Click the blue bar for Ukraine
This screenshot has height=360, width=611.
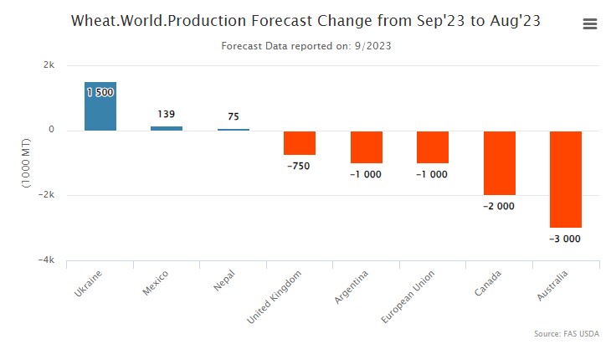pos(100,109)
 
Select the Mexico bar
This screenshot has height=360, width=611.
pos(167,128)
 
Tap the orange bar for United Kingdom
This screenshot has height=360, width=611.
pos(299,143)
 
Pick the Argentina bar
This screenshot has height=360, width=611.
pos(366,147)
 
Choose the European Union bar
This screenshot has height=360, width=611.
pos(433,147)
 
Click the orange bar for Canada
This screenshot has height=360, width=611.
pos(499,163)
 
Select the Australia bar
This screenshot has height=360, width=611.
pos(566,179)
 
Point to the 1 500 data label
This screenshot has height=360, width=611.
pos(100,92)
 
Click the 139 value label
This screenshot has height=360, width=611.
pos(167,114)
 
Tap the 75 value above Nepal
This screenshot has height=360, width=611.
pos(233,117)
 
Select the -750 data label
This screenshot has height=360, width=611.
pos(299,167)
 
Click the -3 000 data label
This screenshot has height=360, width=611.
pos(565,239)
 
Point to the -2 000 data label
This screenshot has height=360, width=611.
pos(499,206)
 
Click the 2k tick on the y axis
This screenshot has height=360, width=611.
pos(49,65)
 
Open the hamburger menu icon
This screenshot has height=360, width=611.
pos(590,24)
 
